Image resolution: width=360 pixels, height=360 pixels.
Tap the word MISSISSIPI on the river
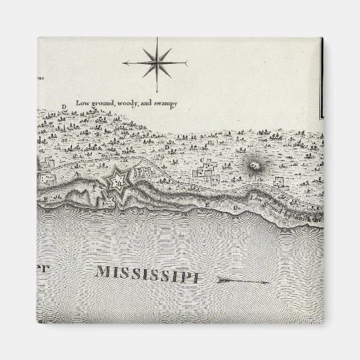click(x=150, y=274)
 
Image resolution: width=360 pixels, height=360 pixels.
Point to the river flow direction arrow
click(x=241, y=279)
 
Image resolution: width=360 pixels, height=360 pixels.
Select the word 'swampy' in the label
click(x=162, y=103)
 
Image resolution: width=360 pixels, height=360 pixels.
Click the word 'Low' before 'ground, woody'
click(x=82, y=103)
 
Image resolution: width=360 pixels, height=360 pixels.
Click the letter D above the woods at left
click(x=63, y=107)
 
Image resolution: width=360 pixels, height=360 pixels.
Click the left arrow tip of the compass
click(x=125, y=63)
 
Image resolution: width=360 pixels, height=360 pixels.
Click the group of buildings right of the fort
click(x=144, y=174)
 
